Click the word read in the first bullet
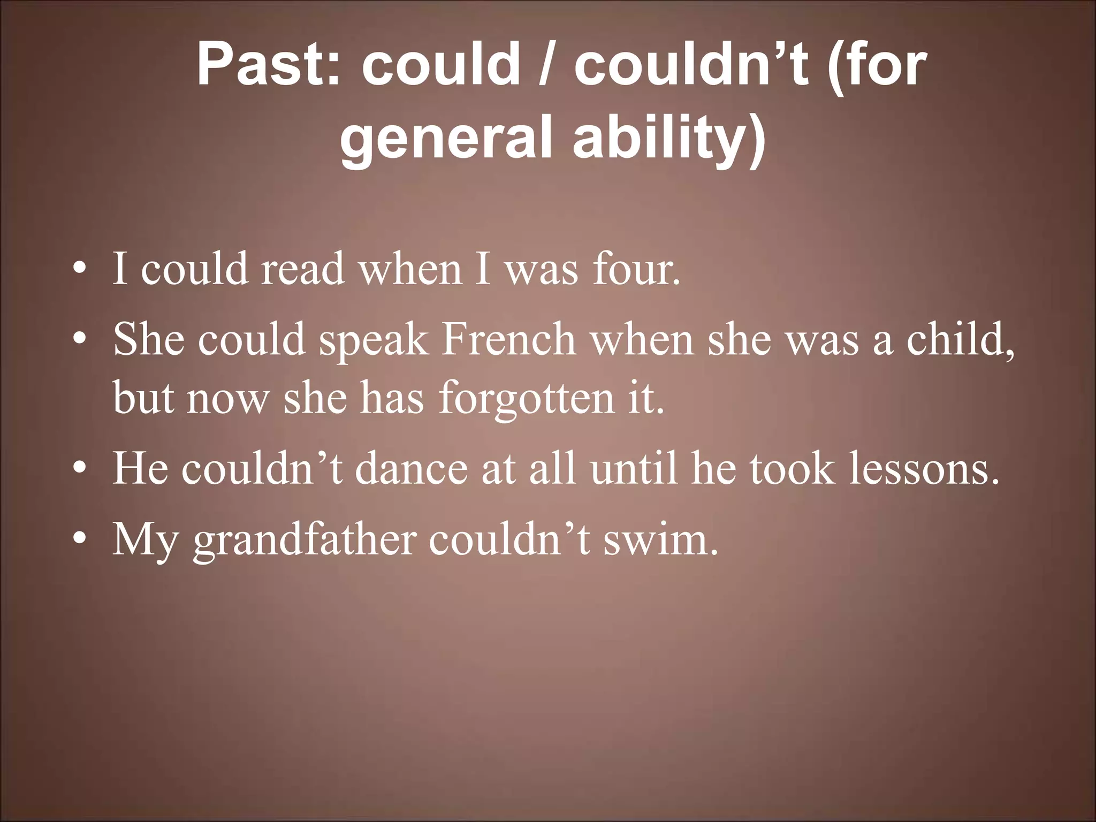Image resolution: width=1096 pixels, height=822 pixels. tap(302, 269)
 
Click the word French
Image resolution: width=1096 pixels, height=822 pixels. tap(508, 339)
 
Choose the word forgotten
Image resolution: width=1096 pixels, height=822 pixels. tap(527, 398)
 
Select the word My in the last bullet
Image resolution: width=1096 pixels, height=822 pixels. tap(144, 541)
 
